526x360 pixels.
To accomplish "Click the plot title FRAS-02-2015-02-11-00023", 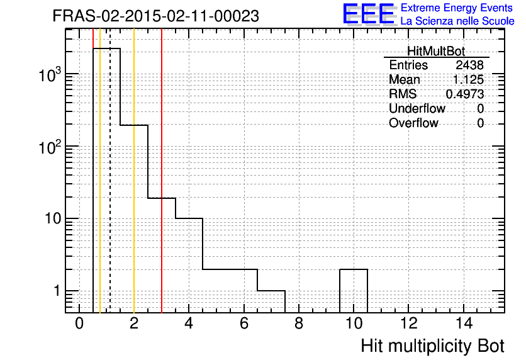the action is pyautogui.click(x=155, y=16).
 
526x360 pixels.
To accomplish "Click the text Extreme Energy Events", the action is pyautogui.click(x=457, y=8).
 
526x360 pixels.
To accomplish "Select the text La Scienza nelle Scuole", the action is pyautogui.click(x=457, y=21).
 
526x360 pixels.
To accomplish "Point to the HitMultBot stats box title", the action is pyautogui.click(x=436, y=51).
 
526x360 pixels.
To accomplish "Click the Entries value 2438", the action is pyautogui.click(x=469, y=65).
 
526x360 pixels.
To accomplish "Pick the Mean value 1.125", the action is pyautogui.click(x=468, y=79).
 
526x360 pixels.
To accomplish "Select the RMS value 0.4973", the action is pyautogui.click(x=464, y=94).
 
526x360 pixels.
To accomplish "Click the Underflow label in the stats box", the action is pyautogui.click(x=417, y=108).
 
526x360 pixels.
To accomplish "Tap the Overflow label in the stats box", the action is pyautogui.click(x=413, y=123).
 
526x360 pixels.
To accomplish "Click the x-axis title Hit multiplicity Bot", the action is pyautogui.click(x=432, y=346).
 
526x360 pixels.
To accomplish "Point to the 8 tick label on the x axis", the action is pyautogui.click(x=299, y=323).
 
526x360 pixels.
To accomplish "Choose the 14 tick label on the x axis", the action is pyautogui.click(x=463, y=323).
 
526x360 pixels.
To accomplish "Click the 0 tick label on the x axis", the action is pyautogui.click(x=79, y=323).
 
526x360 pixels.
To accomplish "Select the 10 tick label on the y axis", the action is pyautogui.click(x=53, y=219).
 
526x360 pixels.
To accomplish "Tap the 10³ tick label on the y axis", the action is pyautogui.click(x=50, y=74).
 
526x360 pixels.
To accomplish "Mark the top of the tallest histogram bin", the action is pyautogui.click(x=106, y=48).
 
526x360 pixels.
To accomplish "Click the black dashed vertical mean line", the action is pyautogui.click(x=110, y=171).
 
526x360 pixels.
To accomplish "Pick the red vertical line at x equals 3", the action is pyautogui.click(x=162, y=171).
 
